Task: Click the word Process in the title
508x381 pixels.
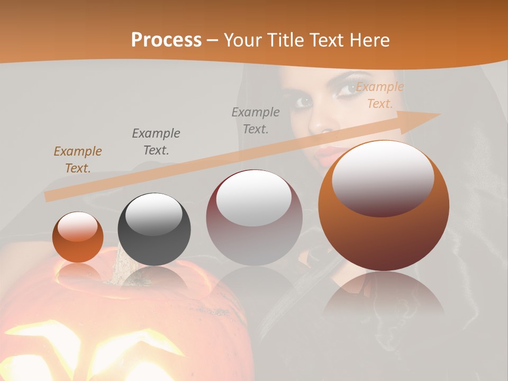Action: click(x=166, y=40)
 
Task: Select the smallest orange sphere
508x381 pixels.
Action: click(x=78, y=237)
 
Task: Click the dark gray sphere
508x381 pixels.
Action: click(x=154, y=230)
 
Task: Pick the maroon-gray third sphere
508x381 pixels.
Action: click(x=254, y=218)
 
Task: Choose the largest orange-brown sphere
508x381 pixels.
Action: click(x=384, y=205)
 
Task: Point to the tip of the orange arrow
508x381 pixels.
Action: click(x=439, y=114)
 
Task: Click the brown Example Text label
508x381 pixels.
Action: click(x=77, y=160)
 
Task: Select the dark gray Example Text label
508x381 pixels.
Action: click(x=156, y=142)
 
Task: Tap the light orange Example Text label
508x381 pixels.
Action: click(x=379, y=95)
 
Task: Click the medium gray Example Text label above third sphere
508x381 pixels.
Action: click(x=256, y=120)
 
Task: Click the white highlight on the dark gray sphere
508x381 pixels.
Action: click(x=153, y=214)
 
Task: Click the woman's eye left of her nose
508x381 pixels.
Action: click(x=303, y=101)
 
